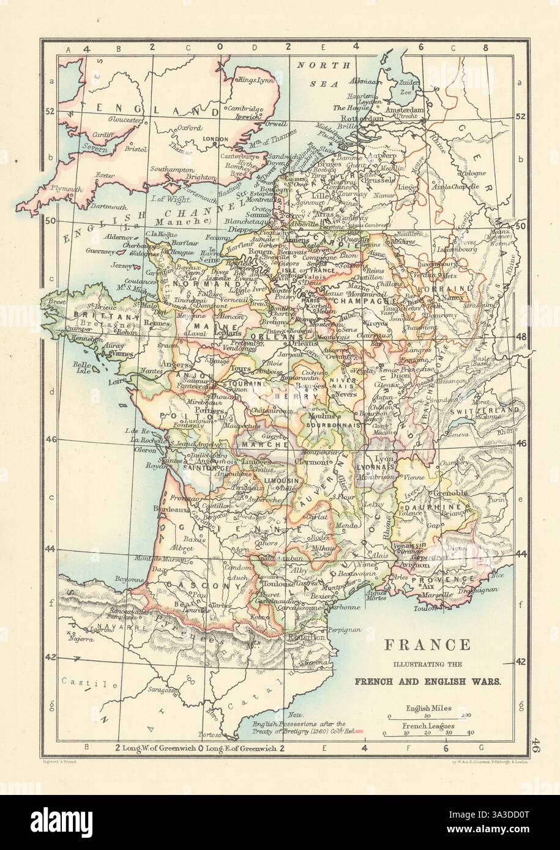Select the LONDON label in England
pos(205,138)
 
